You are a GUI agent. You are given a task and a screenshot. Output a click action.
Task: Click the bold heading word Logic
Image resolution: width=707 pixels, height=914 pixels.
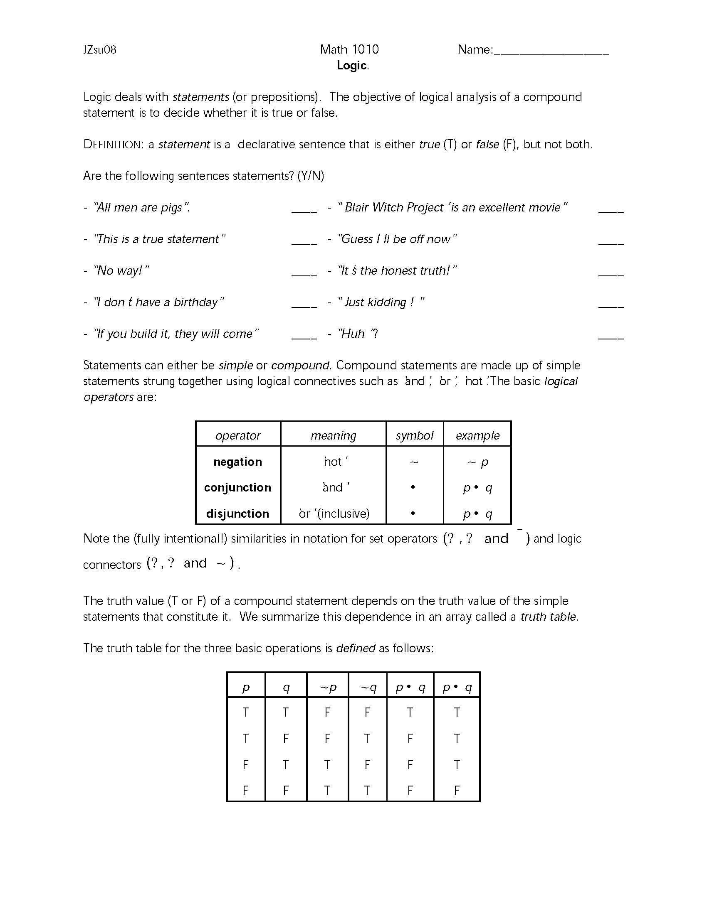coord(352,66)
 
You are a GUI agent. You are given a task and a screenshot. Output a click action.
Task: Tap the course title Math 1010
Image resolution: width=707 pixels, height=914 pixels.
coord(349,49)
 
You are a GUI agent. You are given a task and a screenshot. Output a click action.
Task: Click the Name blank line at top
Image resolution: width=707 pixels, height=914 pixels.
coord(551,53)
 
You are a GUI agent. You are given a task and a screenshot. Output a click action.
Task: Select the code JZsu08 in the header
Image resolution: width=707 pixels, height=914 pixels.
coord(100,50)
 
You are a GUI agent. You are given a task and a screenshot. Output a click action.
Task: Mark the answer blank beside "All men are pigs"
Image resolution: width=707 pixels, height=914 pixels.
coord(304,211)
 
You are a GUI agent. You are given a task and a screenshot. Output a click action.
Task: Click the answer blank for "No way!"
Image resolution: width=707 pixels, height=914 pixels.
coord(304,275)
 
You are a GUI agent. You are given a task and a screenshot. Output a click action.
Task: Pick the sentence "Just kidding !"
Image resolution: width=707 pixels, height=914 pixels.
coord(381,302)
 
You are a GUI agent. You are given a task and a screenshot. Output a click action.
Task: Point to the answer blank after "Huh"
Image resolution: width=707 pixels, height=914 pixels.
coord(611,337)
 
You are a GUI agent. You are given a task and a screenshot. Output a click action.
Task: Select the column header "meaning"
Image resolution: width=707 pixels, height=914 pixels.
coord(334,436)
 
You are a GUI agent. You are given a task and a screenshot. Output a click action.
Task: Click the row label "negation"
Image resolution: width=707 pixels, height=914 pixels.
coord(237,462)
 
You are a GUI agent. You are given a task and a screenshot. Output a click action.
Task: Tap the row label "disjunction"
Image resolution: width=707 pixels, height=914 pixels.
coord(237,514)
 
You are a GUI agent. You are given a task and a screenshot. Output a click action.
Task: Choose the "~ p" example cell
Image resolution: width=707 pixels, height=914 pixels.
coord(477,462)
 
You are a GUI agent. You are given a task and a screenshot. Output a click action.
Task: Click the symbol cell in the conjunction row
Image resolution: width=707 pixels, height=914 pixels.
coord(413,488)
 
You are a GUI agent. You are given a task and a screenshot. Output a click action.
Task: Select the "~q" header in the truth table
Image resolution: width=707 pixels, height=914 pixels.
coord(368,688)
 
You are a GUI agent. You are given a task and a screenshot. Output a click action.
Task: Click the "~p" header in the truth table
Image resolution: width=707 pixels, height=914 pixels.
coord(328,688)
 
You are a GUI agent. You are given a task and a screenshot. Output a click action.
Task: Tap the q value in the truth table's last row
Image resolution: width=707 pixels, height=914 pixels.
coord(286,790)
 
